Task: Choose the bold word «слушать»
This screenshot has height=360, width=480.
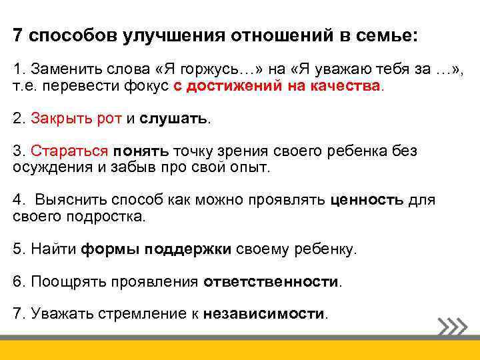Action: tap(174, 118)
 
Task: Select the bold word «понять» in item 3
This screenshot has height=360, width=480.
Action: tap(141, 151)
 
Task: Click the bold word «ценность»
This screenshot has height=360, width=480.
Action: tap(367, 199)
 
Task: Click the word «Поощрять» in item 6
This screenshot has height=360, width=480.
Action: tap(61, 281)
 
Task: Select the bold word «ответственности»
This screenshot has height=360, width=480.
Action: tap(271, 281)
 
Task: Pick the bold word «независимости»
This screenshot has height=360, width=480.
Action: tap(264, 313)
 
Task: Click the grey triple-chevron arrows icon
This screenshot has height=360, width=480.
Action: tap(453, 327)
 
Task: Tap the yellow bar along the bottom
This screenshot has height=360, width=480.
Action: tap(240, 349)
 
